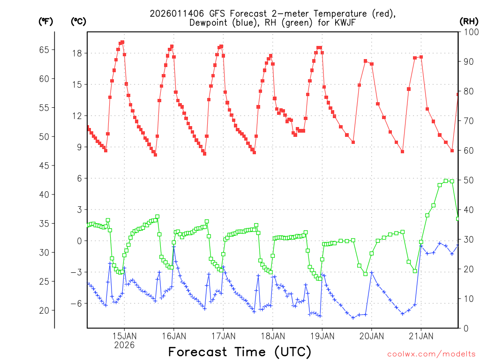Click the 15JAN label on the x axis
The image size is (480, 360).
tap(124, 336)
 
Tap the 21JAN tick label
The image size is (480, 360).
tap(420, 336)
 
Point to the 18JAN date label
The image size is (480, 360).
tap(272, 336)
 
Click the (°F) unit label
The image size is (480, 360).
tap(45, 21)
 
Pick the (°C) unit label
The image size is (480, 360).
tap(78, 21)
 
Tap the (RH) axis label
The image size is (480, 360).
tap(468, 21)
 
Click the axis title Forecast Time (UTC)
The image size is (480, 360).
tap(240, 352)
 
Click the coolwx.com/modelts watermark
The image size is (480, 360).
tap(431, 353)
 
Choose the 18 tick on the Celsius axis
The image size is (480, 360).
tap(77, 53)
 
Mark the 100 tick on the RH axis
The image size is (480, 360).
tap(469, 32)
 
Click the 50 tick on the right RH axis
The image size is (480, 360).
tap(467, 180)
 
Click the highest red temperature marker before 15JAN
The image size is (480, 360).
tap(122, 42)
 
